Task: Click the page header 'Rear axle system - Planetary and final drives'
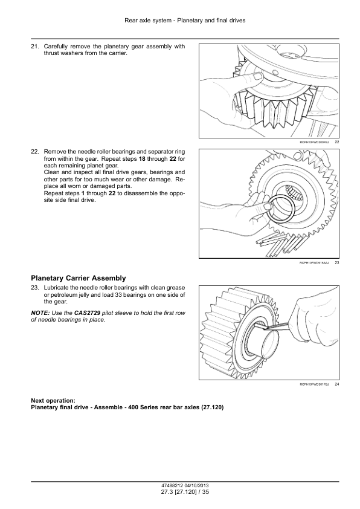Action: coord(185,21)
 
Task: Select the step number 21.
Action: coord(34,47)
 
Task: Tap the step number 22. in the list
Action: coord(34,152)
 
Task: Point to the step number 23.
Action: coord(34,288)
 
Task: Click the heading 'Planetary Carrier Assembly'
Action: coord(79,278)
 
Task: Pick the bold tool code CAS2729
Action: coord(87,313)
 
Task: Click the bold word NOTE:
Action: coord(40,313)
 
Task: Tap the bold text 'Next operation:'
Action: coord(53,401)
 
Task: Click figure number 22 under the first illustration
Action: coord(336,142)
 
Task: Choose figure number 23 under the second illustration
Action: coord(336,263)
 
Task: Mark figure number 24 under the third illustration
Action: coord(336,384)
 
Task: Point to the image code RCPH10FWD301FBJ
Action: coord(314,384)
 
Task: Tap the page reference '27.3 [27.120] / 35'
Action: coord(185,492)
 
